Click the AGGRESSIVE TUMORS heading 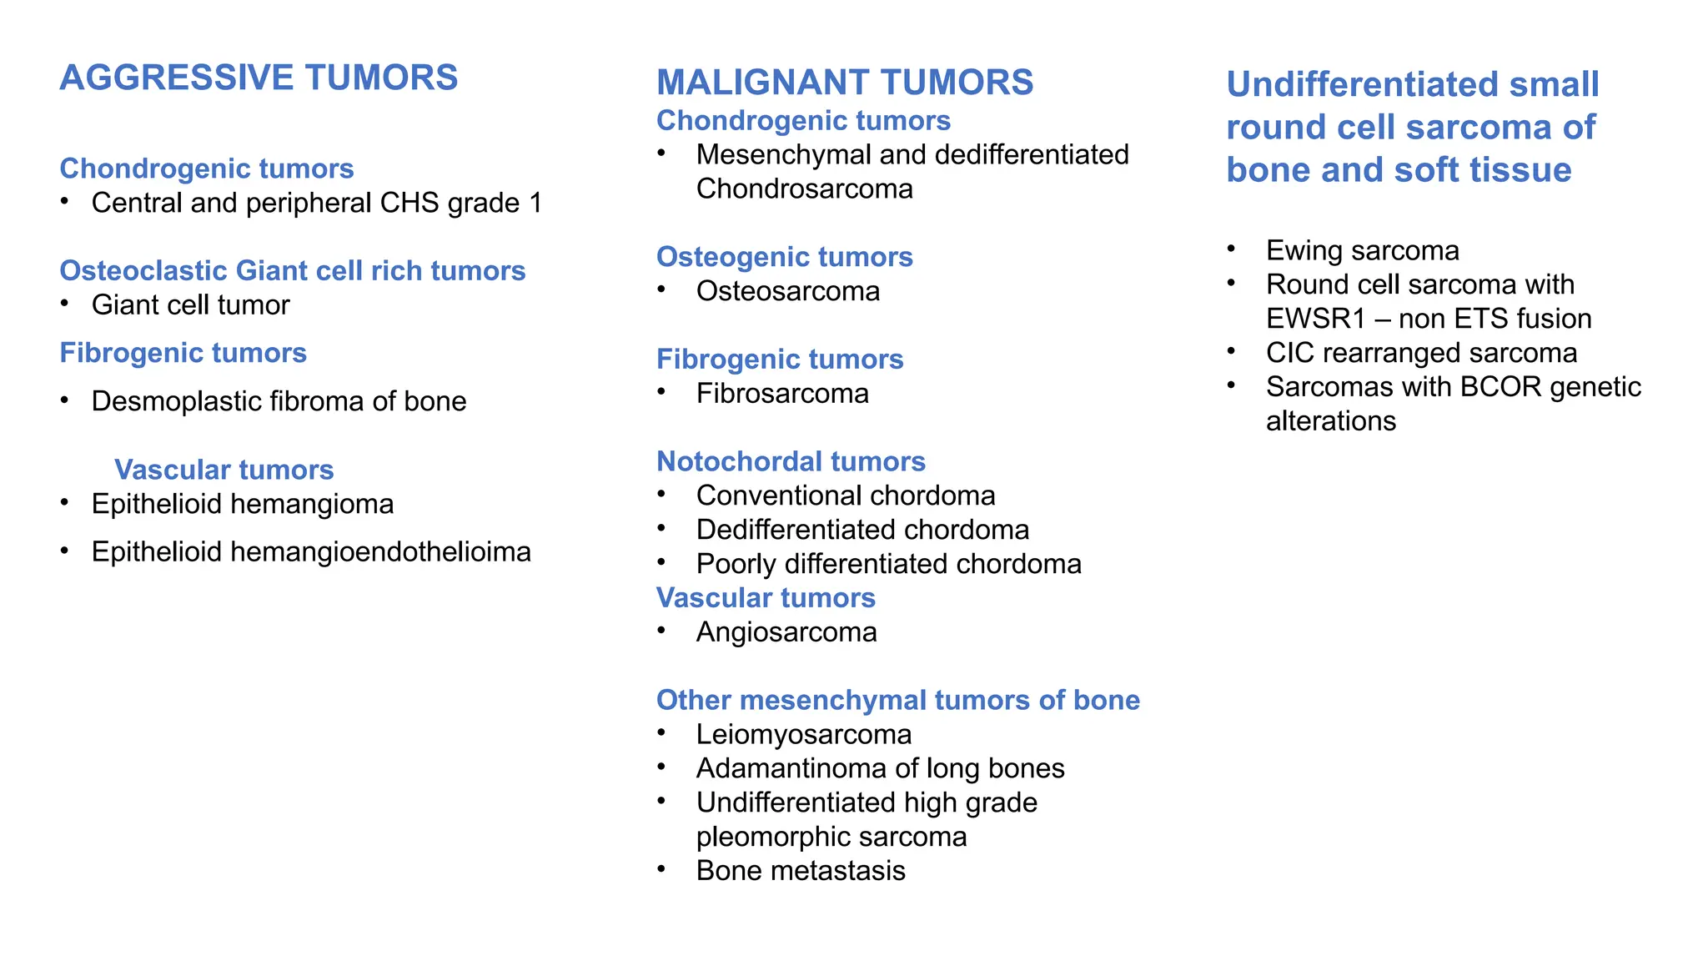pos(259,78)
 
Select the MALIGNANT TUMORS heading pos(845,83)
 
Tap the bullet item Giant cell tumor pos(190,305)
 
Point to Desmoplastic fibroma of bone pos(279,401)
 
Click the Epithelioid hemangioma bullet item pos(242,504)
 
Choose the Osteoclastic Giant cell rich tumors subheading pos(292,270)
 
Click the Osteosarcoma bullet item pos(787,291)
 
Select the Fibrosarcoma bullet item pos(782,394)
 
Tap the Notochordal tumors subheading pos(791,461)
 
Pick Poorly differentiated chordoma pos(888,564)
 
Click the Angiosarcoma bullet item pos(786,632)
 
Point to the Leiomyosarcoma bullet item pos(803,735)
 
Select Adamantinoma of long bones pos(880,768)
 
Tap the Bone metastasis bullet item pos(801,871)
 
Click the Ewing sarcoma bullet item pos(1362,250)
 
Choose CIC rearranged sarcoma pos(1421,353)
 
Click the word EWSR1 pos(1315,319)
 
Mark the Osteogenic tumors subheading pos(784,257)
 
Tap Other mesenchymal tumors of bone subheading pos(897,700)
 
